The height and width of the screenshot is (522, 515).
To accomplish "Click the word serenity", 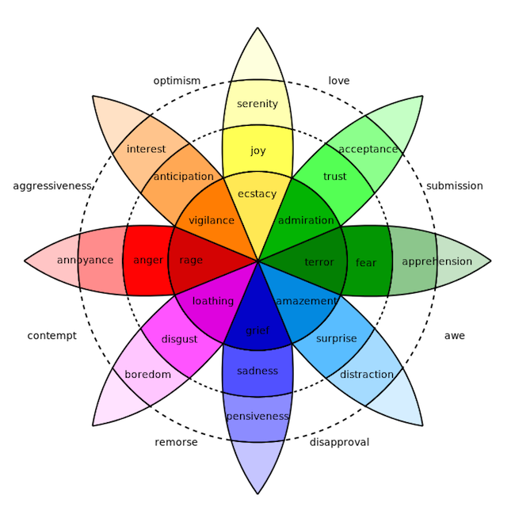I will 257,104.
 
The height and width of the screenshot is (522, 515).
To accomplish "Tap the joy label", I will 258,151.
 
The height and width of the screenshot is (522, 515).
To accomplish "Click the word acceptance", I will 368,149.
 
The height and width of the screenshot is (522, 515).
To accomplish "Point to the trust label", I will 335,177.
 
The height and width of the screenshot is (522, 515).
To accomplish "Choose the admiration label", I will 306,220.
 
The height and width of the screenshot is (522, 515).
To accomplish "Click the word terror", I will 319,261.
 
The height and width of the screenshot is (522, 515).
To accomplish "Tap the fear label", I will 366,262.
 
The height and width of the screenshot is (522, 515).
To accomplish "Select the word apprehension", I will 437,261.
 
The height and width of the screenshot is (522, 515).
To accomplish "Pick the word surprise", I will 336,338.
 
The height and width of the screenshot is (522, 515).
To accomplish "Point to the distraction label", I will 367,374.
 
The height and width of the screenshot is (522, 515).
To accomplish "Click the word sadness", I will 257,371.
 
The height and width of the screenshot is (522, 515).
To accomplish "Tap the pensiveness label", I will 257,416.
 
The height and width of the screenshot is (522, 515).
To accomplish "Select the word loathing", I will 213,301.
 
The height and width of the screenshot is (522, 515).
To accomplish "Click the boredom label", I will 148,374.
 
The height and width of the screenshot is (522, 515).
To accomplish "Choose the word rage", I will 191,260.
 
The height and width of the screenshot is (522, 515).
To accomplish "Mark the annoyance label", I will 85,260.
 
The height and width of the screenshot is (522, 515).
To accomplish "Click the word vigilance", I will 212,220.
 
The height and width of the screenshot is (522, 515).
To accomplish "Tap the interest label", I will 147,149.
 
